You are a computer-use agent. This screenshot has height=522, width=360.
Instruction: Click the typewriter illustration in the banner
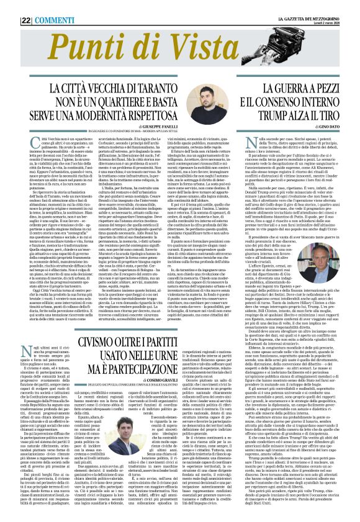(x=298, y=50)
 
